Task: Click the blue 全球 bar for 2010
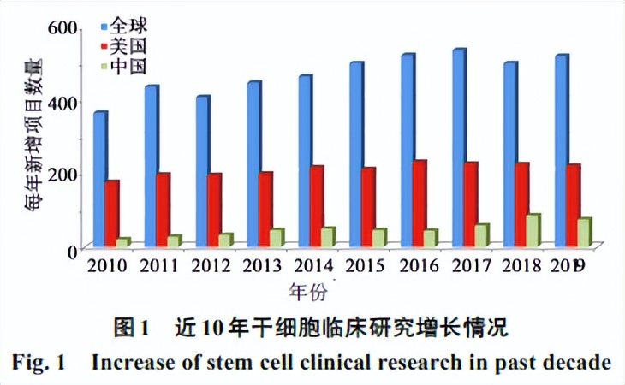pyautogui.click(x=100, y=180)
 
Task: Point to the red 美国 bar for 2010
pyautogui.click(x=112, y=214)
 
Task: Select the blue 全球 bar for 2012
pyautogui.click(x=201, y=171)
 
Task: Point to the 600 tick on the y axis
pyautogui.click(x=62, y=27)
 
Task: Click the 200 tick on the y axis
pyautogui.click(x=62, y=175)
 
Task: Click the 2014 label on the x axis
pyautogui.click(x=314, y=266)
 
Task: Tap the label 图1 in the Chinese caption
pyautogui.click(x=133, y=328)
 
